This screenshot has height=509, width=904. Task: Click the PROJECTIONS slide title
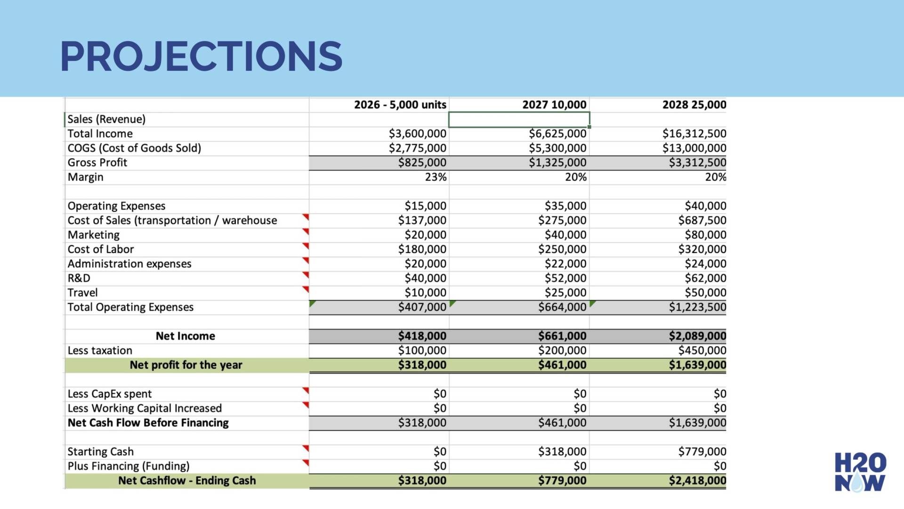coord(201,57)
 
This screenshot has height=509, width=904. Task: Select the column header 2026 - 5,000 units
coord(400,105)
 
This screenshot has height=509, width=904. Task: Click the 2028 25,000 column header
coord(694,105)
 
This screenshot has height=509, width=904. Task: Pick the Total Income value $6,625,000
coord(557,134)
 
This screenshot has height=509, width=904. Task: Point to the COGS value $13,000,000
coord(694,148)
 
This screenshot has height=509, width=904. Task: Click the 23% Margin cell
coord(436,177)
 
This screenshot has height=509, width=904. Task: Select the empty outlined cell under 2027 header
coord(519,119)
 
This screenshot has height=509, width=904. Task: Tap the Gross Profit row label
coord(97,163)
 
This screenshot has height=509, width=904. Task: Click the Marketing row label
coord(94,235)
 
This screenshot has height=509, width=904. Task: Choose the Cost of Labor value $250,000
coord(562,249)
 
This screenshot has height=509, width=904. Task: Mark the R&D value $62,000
coord(705,278)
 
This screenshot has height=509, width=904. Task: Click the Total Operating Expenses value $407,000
coord(422,307)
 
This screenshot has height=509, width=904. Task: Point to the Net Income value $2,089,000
coord(697,336)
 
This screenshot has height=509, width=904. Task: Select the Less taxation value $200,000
coord(562,351)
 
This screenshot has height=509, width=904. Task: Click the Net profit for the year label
coord(186,365)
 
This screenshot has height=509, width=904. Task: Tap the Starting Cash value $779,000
coord(702,452)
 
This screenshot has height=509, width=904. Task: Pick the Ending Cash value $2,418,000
coord(697,481)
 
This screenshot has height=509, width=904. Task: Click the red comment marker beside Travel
coord(306,289)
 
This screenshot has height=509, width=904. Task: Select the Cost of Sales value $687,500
coord(702,221)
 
